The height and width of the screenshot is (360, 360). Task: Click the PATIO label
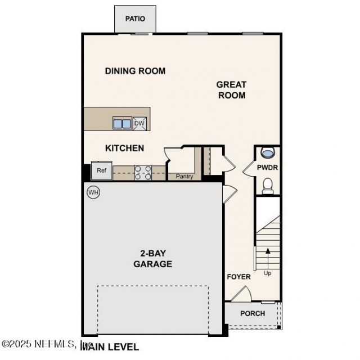pyautogui.click(x=135, y=19)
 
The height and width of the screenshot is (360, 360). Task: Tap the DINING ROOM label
pyautogui.click(x=135, y=71)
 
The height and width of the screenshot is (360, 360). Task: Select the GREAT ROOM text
pyautogui.click(x=231, y=90)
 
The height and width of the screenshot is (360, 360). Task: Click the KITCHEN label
pyautogui.click(x=124, y=148)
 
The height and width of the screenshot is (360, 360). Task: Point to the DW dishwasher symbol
pyautogui.click(x=139, y=123)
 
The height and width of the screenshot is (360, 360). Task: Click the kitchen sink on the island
pyautogui.click(x=122, y=123)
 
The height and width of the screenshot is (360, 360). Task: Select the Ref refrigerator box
pyautogui.click(x=102, y=170)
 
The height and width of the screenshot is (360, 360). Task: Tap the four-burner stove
pyautogui.click(x=143, y=172)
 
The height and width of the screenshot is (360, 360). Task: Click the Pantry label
pyautogui.click(x=184, y=177)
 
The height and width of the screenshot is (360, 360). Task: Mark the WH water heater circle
pyautogui.click(x=93, y=193)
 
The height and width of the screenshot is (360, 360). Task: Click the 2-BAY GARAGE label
pyautogui.click(x=152, y=258)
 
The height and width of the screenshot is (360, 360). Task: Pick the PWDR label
pyautogui.click(x=267, y=168)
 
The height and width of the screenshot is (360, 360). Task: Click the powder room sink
pyautogui.click(x=268, y=152)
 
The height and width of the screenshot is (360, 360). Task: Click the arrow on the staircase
pyautogui.click(x=268, y=256)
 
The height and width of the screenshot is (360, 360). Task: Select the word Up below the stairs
pyautogui.click(x=267, y=273)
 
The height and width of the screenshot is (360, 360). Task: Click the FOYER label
pyautogui.click(x=238, y=277)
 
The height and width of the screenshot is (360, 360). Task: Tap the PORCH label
pyautogui.click(x=253, y=313)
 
